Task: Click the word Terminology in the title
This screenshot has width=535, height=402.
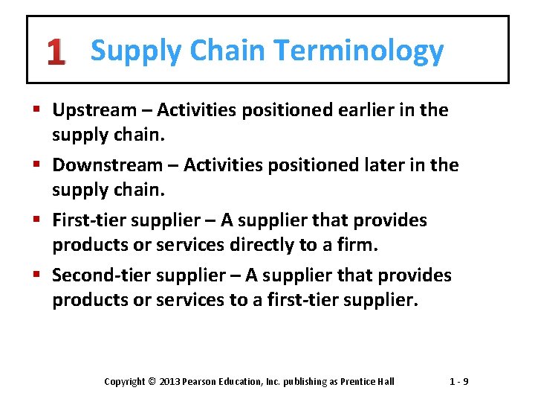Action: [358, 51]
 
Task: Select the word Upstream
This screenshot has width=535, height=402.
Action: [94, 111]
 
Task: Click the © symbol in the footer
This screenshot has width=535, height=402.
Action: [151, 382]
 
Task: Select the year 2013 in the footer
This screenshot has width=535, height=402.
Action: [168, 382]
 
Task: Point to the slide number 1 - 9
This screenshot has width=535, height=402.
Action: [458, 382]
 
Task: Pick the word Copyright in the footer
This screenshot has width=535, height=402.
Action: [125, 382]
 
